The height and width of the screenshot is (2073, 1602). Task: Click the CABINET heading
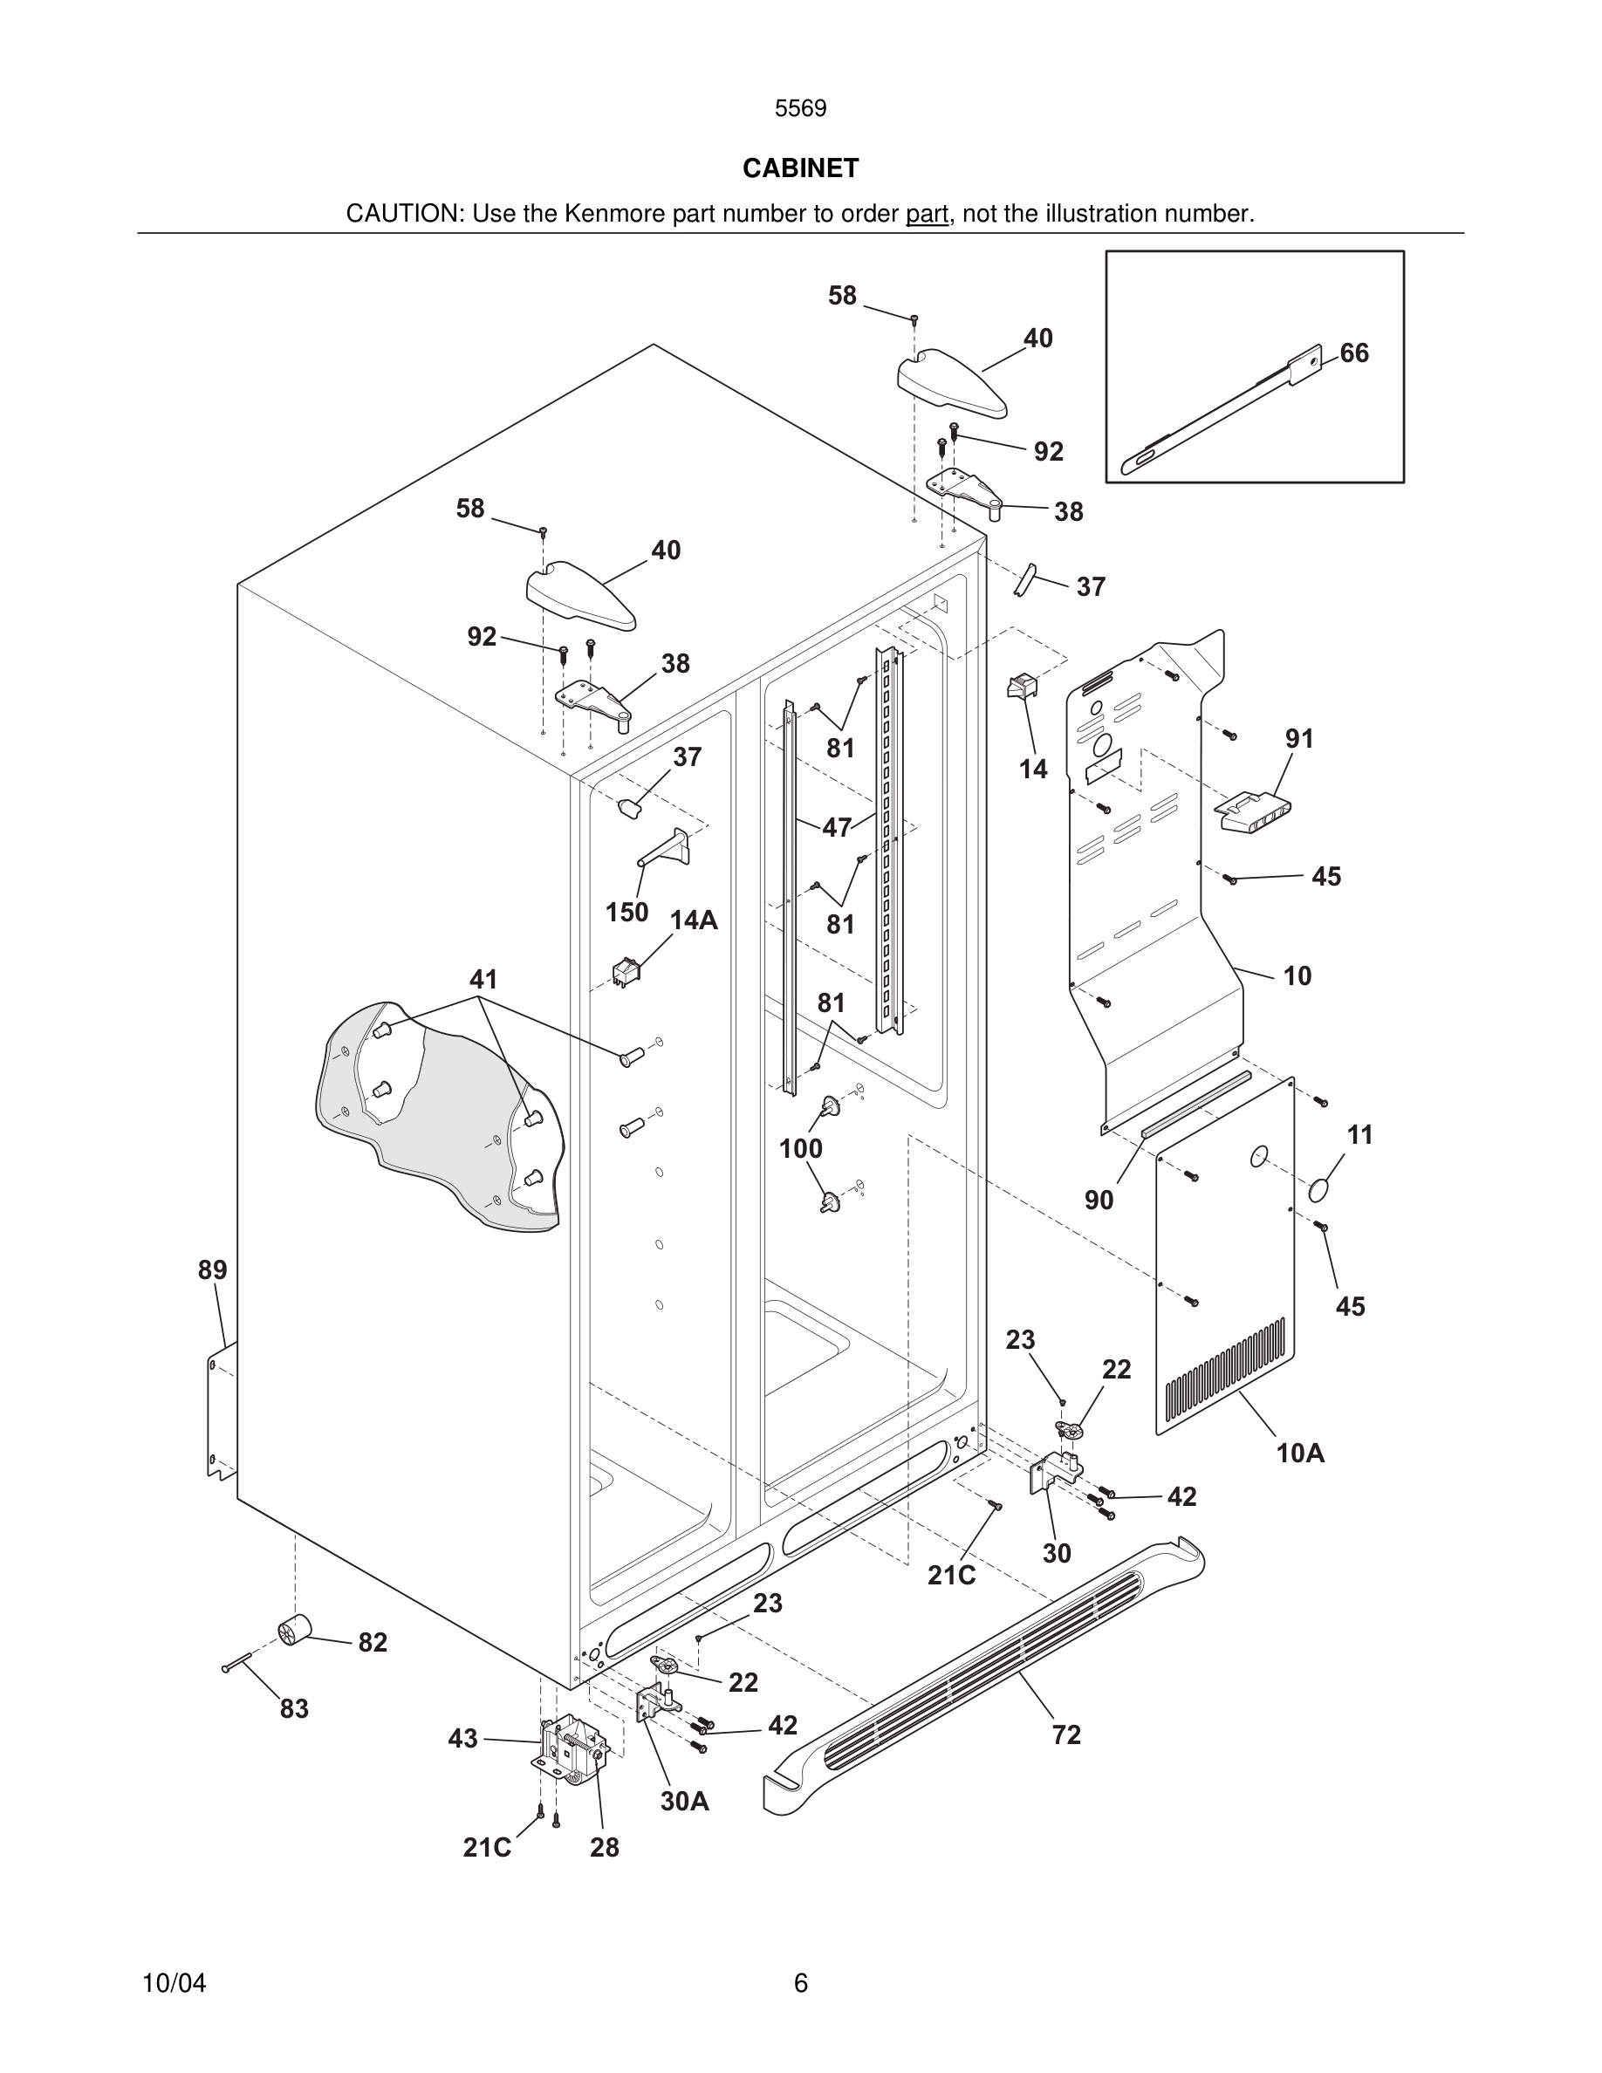click(800, 168)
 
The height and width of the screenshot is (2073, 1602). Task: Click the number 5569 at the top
click(800, 109)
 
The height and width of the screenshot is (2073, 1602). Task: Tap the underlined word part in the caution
click(927, 215)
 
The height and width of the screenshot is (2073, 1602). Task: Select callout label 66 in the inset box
click(1353, 353)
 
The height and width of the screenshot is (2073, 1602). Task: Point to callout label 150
click(626, 912)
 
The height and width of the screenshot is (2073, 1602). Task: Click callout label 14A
click(693, 920)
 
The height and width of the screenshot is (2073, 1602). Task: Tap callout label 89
click(213, 1270)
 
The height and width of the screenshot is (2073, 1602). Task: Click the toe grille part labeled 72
click(987, 1681)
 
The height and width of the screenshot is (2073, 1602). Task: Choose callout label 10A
click(1299, 1454)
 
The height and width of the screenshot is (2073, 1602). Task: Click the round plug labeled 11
click(1318, 1189)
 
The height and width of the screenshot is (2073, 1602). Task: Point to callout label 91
click(1299, 738)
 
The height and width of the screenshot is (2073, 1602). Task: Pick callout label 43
click(462, 1739)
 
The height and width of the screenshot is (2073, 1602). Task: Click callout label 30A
click(684, 1802)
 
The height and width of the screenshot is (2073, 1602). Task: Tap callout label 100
click(800, 1149)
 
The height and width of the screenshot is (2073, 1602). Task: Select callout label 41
click(483, 979)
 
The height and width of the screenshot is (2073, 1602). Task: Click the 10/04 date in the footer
click(174, 1983)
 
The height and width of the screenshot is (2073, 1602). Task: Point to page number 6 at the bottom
click(800, 1983)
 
